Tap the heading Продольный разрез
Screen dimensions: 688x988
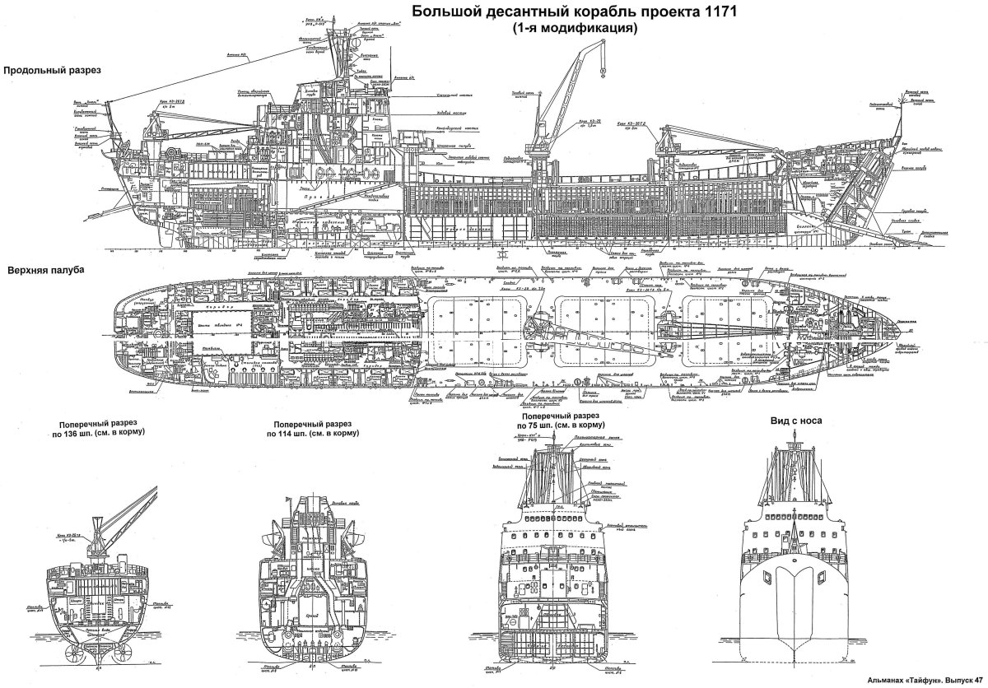[x=52, y=71]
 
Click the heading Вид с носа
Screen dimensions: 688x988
[x=798, y=420]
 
